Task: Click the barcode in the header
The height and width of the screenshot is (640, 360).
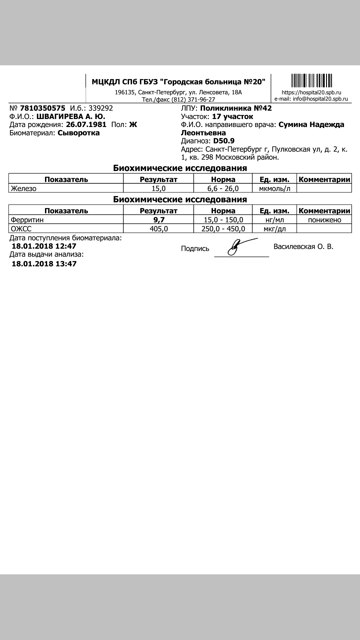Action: point(312,81)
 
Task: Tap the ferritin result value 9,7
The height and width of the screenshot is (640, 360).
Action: point(158,220)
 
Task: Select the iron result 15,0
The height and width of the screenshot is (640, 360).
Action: point(158,188)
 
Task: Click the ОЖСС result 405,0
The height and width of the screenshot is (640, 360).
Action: point(158,229)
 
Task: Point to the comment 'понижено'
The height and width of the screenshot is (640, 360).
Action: point(324,220)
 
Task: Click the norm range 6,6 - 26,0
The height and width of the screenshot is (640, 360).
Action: point(223,188)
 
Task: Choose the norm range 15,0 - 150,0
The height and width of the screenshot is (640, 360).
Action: point(223,220)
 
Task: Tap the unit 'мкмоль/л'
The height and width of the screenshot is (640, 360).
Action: point(275,188)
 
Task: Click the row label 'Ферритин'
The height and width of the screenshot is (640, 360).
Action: point(27,220)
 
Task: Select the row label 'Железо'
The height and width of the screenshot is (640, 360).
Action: point(24,188)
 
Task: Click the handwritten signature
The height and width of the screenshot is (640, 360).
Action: point(238,247)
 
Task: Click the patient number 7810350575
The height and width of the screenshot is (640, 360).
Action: point(43,108)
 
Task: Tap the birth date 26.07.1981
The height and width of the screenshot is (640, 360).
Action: point(86,125)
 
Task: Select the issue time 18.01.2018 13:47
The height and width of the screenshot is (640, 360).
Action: point(44,264)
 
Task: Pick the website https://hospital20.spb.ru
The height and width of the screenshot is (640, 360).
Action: point(311,93)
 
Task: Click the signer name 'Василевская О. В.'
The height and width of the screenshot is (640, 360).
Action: point(303,247)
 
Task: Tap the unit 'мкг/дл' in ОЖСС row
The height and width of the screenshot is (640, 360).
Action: point(275,229)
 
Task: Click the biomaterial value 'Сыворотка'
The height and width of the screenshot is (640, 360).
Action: point(79,133)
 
